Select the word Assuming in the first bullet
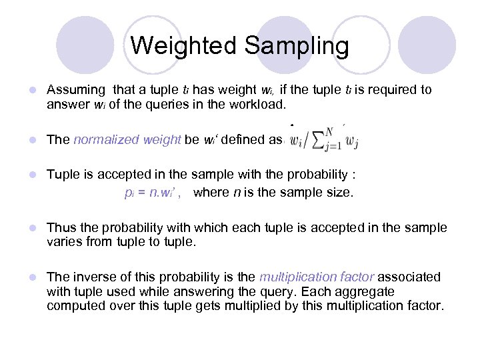point(75,89)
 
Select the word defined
point(242,139)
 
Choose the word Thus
point(61,227)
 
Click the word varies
point(65,241)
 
